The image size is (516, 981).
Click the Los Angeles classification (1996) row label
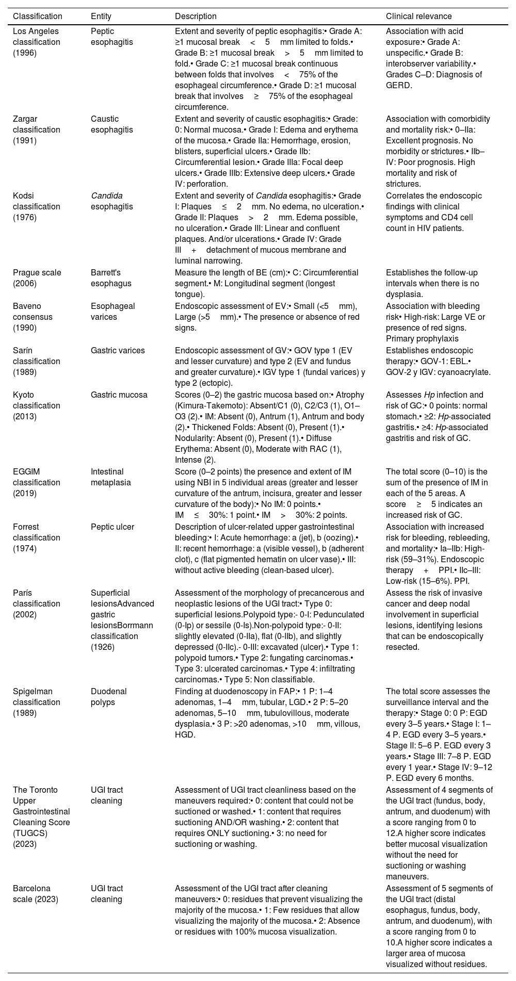click(37, 42)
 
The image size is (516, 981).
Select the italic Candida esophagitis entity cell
click(105, 201)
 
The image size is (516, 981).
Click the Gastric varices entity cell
click(118, 351)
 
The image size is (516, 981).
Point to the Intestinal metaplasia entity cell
click(109, 477)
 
